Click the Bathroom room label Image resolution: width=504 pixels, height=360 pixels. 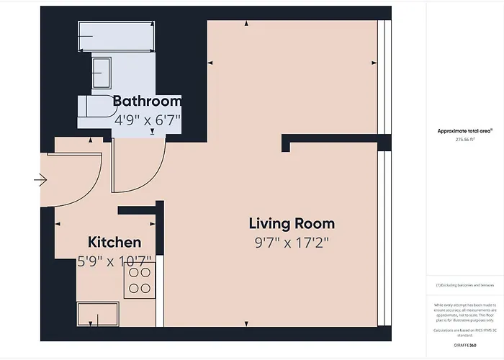(147, 102)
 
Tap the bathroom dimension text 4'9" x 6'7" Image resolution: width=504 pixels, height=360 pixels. (147, 120)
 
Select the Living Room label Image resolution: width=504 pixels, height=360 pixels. (292, 223)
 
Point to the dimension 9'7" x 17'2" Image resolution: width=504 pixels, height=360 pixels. (292, 243)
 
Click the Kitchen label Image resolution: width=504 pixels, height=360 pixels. (114, 242)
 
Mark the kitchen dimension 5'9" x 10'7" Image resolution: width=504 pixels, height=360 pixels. (114, 261)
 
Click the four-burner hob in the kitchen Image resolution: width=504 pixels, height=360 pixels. (140, 280)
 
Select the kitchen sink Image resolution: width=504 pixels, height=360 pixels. (97, 315)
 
